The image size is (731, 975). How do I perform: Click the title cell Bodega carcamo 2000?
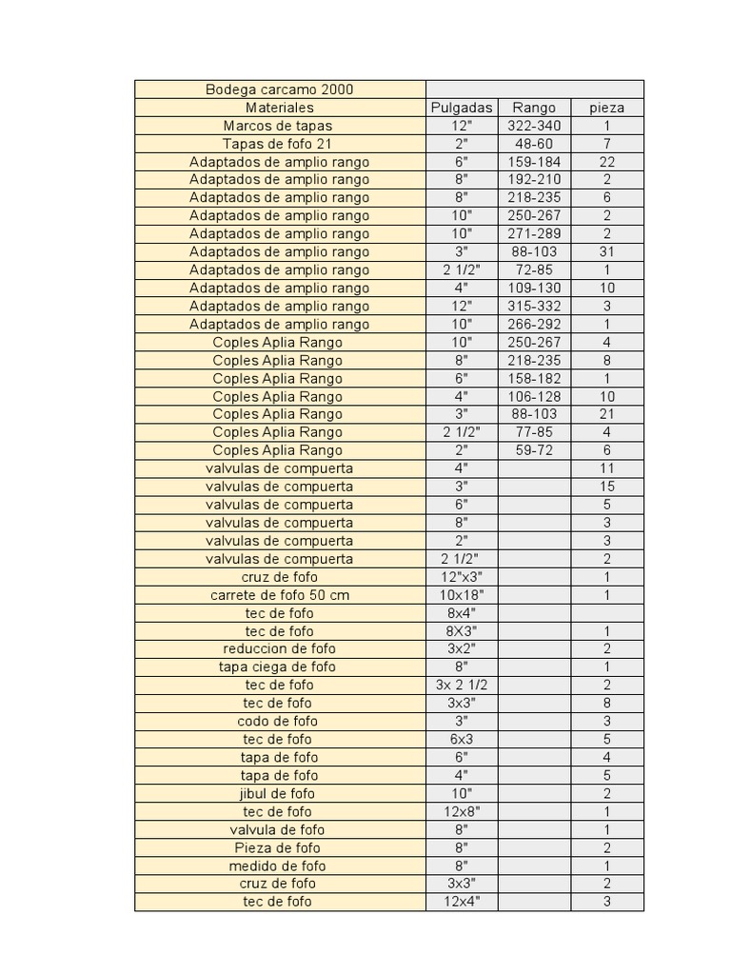[279, 90]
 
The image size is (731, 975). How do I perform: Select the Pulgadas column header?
[462, 108]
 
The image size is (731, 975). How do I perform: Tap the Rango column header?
[534, 108]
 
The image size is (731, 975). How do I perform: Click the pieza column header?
[607, 108]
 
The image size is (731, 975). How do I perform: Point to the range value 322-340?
[534, 126]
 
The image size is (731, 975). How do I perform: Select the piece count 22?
[607, 162]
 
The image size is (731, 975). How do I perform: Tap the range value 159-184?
[534, 162]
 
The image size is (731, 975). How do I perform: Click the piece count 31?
[607, 251]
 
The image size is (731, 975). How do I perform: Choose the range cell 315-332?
[534, 306]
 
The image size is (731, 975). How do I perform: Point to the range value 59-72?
[534, 450]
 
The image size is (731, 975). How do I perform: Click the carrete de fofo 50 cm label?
[280, 595]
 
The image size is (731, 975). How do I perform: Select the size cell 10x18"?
[462, 595]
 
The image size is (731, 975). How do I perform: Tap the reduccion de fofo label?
[280, 648]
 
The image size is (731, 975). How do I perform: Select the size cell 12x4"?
[462, 902]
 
